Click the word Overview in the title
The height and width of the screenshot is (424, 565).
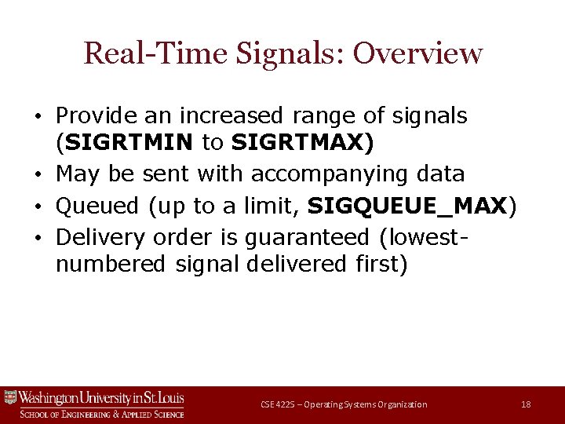point(417,53)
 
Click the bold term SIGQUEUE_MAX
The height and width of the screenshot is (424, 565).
point(407,207)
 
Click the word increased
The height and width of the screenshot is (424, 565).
point(233,116)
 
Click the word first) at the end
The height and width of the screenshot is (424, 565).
point(377,265)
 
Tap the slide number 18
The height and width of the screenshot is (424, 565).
point(526,404)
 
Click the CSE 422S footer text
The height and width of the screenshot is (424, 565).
point(344,404)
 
